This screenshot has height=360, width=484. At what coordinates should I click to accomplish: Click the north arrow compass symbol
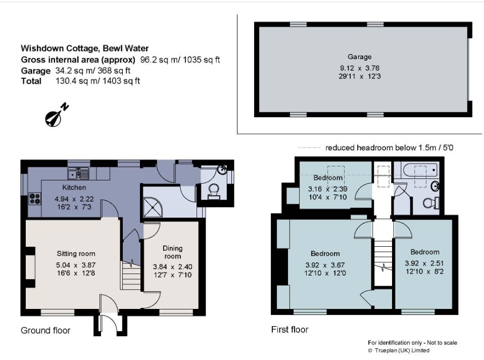(55, 116)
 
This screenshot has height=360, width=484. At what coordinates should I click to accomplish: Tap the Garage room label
(359, 57)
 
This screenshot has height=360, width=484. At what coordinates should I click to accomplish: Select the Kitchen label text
(74, 188)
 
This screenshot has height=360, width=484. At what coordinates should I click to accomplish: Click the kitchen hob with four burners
(35, 198)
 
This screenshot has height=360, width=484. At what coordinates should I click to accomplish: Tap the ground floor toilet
(214, 191)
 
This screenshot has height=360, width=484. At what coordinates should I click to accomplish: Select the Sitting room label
(75, 254)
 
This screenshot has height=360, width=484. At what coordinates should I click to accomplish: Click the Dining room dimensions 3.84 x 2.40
(172, 267)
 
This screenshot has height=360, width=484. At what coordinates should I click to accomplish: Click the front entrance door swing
(108, 324)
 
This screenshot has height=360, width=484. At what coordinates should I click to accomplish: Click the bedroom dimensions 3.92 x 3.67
(325, 265)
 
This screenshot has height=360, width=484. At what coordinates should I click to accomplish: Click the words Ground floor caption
(45, 331)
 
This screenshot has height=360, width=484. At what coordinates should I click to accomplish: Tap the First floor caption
(289, 330)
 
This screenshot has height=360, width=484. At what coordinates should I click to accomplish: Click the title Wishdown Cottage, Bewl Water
(84, 49)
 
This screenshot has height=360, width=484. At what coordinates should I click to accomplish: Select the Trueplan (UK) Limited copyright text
(399, 350)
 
